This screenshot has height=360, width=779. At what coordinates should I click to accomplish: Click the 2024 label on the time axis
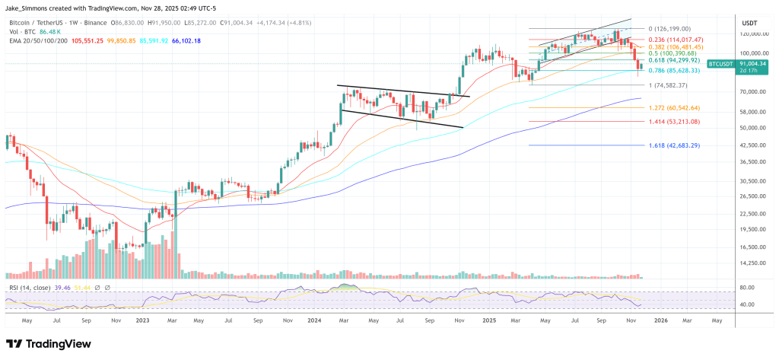pos(315,321)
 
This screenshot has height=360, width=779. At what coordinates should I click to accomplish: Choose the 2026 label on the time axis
pos(661,321)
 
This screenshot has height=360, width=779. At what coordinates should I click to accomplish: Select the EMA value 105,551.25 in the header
pos(70,40)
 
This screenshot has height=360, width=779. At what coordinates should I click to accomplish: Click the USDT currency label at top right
pos(749,23)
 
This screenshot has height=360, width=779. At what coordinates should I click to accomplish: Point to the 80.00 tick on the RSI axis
pos(745,288)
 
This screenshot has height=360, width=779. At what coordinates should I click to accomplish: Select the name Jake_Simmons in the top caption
pos(26,6)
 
